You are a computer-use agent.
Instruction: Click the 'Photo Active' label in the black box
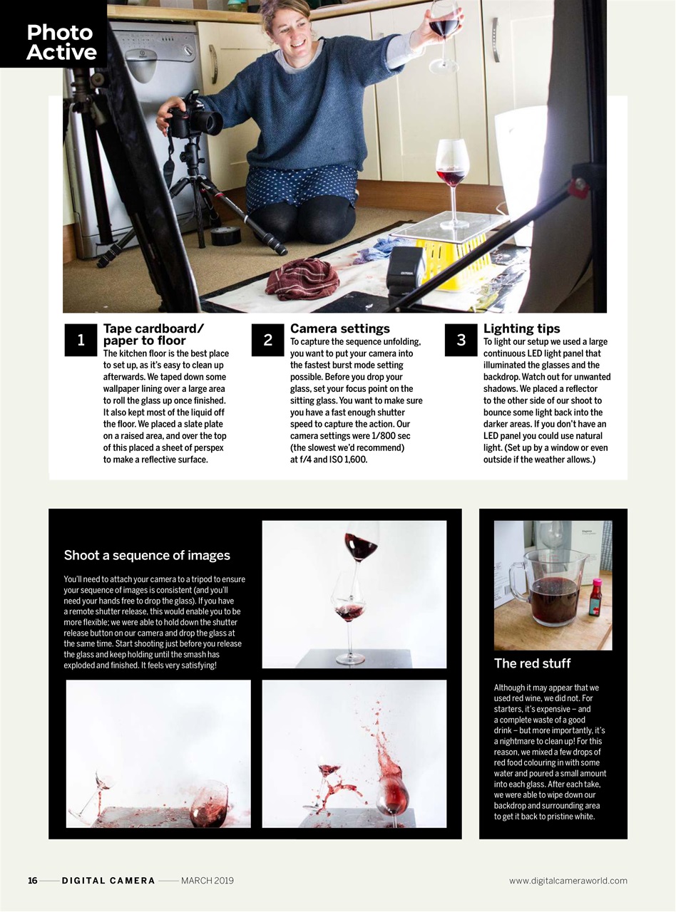(61, 42)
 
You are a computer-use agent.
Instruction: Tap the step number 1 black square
(81, 341)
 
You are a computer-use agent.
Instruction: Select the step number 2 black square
(267, 341)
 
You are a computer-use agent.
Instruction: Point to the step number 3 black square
(461, 341)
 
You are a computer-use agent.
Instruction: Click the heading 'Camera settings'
(339, 328)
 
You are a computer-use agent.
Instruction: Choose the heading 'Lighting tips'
(521, 328)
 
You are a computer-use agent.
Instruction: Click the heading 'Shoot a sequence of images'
(147, 555)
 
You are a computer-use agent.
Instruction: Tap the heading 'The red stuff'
(532, 663)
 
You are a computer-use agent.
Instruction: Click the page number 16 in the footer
(33, 881)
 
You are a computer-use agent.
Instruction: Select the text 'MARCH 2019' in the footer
(207, 881)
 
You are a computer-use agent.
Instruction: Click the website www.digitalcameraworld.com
(568, 881)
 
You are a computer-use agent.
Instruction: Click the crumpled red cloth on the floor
(302, 278)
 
